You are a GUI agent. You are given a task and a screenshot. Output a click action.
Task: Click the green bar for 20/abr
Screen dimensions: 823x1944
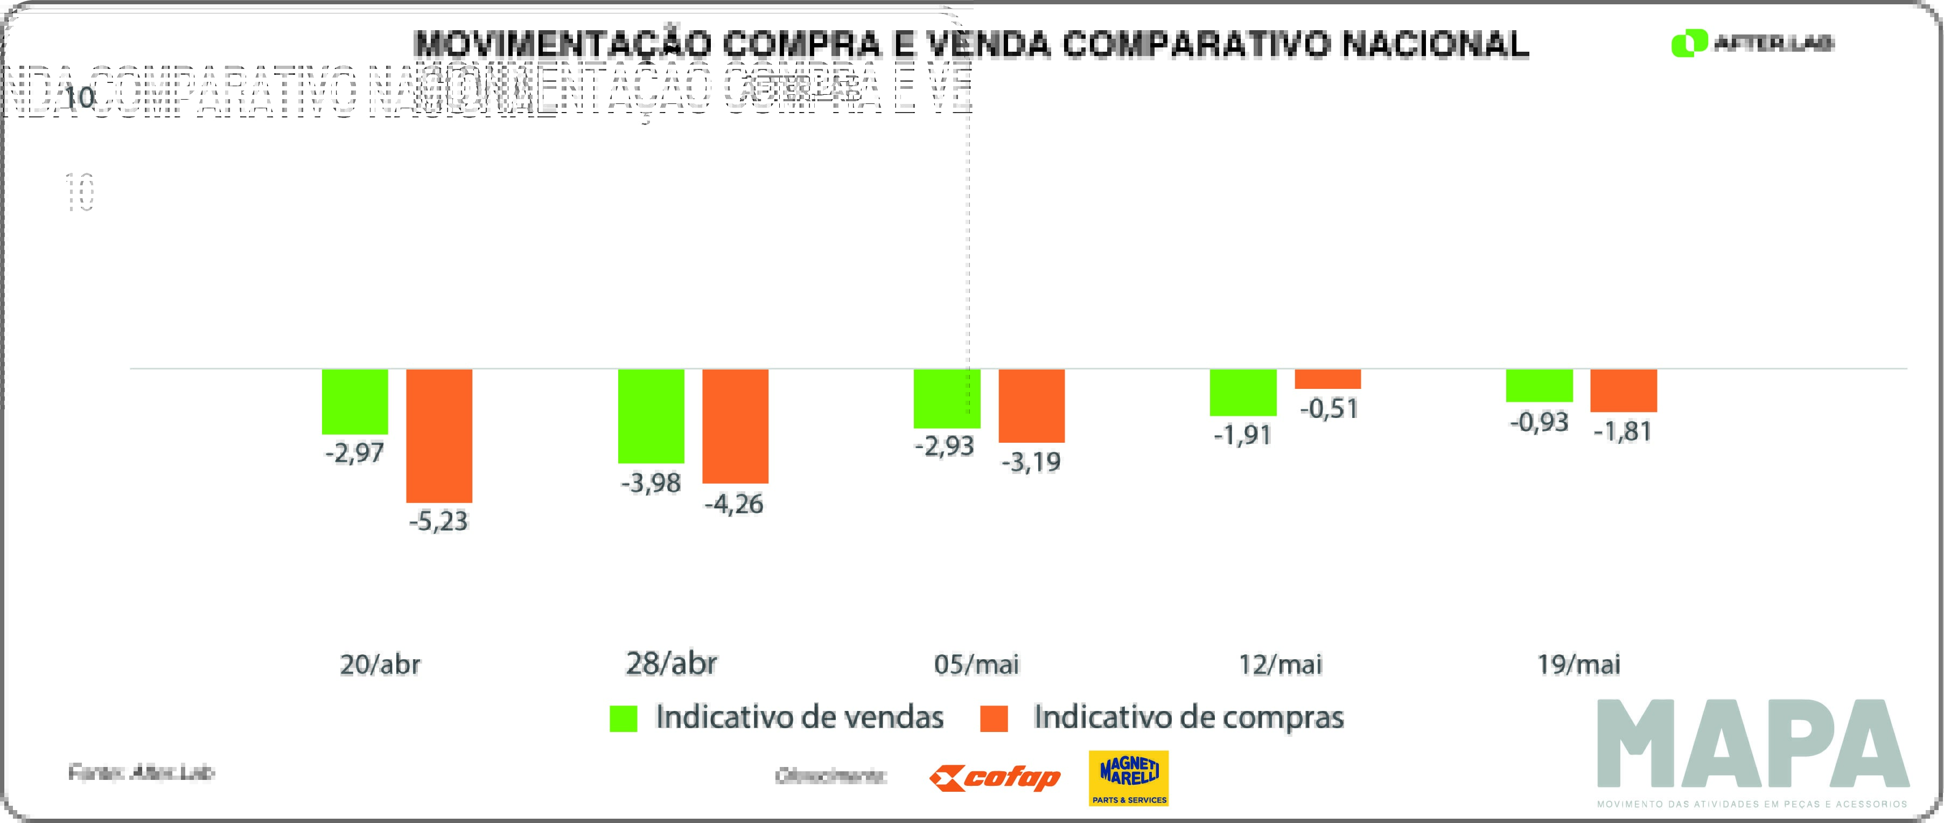(x=355, y=402)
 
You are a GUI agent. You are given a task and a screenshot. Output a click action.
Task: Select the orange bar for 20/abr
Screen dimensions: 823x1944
(x=439, y=436)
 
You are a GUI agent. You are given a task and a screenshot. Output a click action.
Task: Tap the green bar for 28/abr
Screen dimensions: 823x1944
(x=651, y=416)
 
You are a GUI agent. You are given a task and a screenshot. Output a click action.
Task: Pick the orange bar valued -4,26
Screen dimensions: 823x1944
(x=735, y=426)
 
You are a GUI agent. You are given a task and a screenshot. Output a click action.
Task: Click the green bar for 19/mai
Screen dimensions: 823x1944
(x=1540, y=385)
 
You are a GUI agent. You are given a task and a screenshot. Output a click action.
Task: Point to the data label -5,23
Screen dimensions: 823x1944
(x=438, y=521)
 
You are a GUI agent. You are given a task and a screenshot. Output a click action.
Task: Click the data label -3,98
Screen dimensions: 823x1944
(x=651, y=483)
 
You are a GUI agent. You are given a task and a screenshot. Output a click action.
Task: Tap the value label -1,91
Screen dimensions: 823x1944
(x=1242, y=435)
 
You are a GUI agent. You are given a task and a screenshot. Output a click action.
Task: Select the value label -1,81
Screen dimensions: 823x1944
(x=1623, y=431)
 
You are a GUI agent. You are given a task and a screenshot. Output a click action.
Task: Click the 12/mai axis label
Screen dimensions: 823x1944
(x=1280, y=665)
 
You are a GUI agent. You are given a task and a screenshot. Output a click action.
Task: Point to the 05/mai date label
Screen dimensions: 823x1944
(x=976, y=665)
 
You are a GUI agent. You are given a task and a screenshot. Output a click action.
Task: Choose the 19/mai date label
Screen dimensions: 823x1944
(x=1579, y=665)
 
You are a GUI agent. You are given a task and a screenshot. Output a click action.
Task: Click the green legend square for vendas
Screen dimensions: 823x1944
(x=624, y=718)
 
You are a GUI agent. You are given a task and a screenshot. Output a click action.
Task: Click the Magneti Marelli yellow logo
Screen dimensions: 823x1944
(x=1128, y=778)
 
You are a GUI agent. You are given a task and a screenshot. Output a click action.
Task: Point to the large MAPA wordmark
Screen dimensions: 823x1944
(x=1752, y=744)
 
